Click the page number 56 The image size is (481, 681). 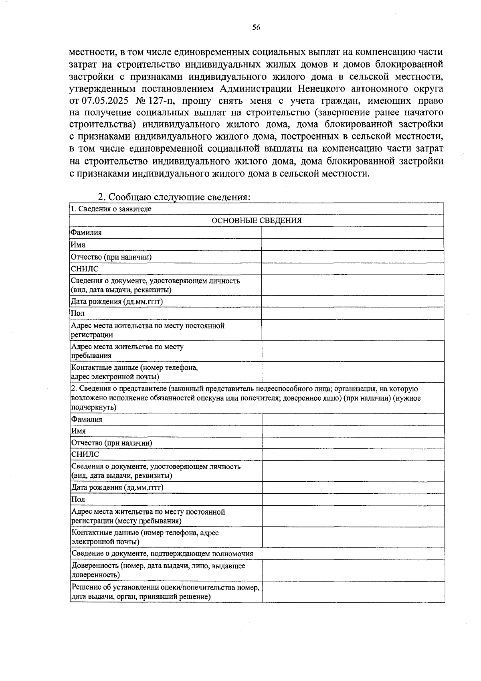coord(256,27)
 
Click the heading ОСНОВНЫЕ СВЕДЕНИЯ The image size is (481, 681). coord(257,221)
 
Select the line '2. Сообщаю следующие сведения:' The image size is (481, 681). coord(174,197)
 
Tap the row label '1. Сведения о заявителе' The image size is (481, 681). coord(111,209)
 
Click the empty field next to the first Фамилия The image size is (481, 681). coord(352,233)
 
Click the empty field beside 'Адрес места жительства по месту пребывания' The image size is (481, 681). coord(352,351)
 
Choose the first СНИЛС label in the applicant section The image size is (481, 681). coord(85,269)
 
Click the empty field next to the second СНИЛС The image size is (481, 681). coord(353,454)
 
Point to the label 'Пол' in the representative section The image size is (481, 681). coord(78,499)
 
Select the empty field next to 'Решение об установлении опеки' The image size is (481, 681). coord(353,592)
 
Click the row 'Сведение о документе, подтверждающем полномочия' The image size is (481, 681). coord(162,554)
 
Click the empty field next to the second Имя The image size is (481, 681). coord(353,431)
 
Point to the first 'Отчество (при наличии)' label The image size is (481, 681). coord(111,257)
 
